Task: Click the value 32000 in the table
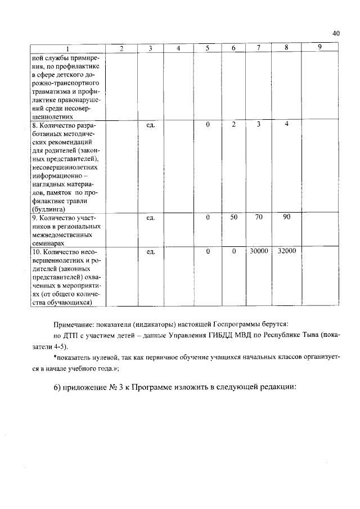286,251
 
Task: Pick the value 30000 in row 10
259,251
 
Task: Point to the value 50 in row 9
233,217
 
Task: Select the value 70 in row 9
259,217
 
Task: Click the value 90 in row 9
286,217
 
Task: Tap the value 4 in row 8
286,124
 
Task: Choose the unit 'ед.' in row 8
150,124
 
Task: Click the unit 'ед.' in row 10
150,251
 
